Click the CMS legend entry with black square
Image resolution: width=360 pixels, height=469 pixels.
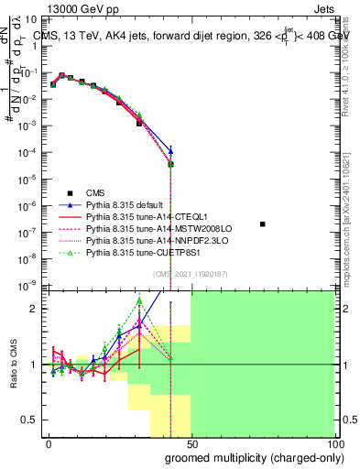(x=96, y=193)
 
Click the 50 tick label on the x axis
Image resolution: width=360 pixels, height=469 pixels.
(x=191, y=443)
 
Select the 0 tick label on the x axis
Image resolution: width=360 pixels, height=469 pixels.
(x=48, y=443)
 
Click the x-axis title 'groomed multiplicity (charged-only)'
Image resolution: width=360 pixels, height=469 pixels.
(x=254, y=457)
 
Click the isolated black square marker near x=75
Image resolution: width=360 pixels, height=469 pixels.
(x=263, y=224)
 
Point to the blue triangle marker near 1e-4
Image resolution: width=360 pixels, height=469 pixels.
(x=170, y=150)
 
